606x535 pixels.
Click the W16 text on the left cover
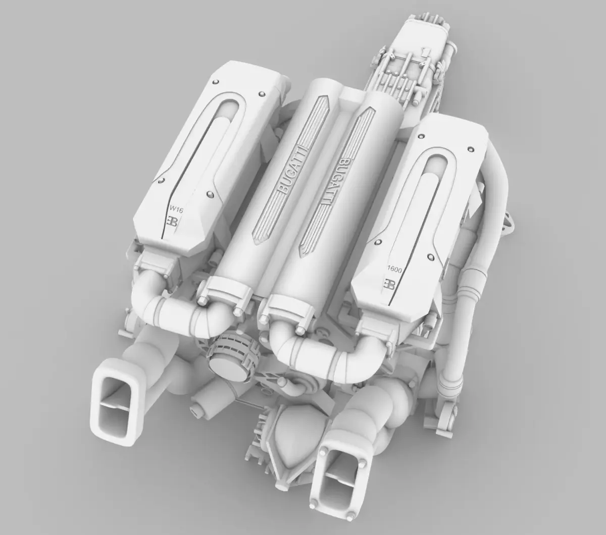pos(176,207)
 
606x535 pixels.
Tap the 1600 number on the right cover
pos(394,270)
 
